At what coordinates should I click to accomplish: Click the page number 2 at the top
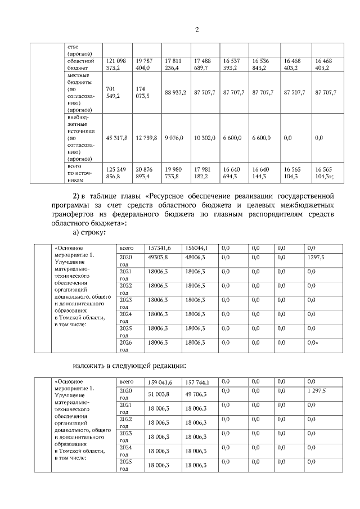(197, 29)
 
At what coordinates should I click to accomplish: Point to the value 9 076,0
(175, 138)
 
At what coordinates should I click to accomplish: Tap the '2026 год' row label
(126, 345)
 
